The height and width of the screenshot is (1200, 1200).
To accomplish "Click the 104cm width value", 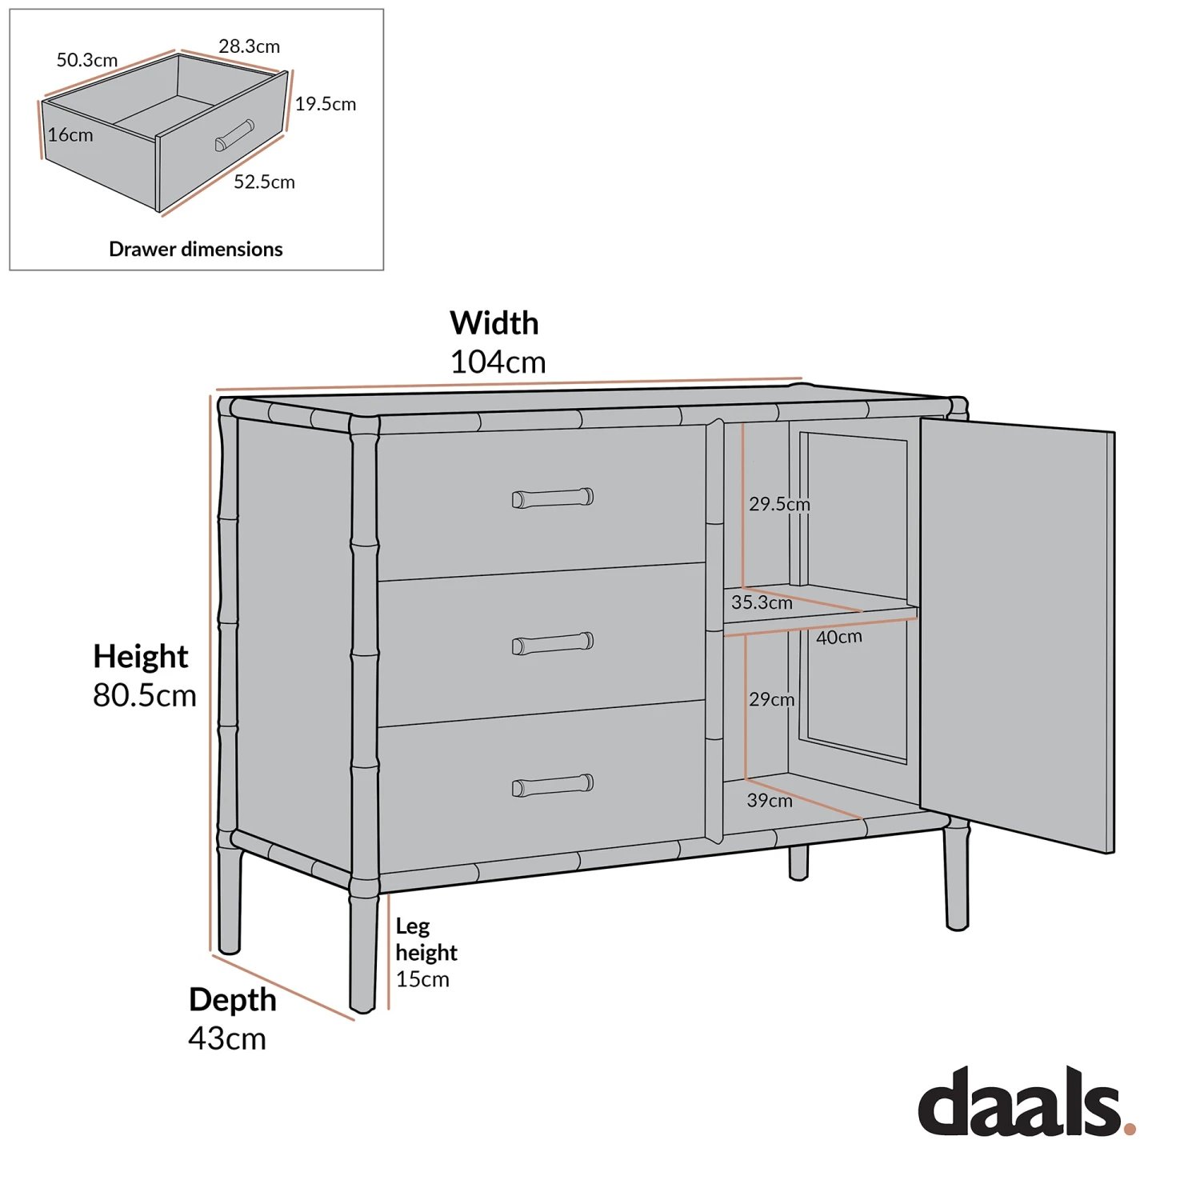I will [498, 362].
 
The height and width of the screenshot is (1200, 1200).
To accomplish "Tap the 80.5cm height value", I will [145, 695].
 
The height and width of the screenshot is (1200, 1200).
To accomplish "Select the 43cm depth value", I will [227, 1038].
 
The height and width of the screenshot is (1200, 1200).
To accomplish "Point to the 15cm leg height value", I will [422, 979].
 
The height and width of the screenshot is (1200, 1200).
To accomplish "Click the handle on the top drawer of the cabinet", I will [553, 498].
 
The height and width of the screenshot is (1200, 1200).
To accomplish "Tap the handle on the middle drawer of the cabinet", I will [553, 643].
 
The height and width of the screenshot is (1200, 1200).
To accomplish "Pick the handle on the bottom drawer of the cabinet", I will [553, 786].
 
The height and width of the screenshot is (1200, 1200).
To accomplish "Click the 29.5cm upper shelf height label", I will [779, 504].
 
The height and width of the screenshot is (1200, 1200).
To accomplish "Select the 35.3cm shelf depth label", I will [762, 602].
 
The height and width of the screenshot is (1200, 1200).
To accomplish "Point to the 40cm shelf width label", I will [839, 638].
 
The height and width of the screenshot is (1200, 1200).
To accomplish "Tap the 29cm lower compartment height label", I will [772, 699].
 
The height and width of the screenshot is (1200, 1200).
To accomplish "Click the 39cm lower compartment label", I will [770, 800].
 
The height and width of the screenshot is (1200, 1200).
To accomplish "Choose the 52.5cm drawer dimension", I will [264, 182].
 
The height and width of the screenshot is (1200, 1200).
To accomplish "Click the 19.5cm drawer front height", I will [326, 104].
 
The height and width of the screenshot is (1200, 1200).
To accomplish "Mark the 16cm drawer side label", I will [70, 135].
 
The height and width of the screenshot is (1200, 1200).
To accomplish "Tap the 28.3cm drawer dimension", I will [250, 46].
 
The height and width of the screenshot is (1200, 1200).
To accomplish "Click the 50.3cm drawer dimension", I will [87, 60].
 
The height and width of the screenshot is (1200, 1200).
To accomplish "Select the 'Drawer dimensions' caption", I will [196, 250].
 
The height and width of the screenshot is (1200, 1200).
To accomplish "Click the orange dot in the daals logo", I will [1130, 1129].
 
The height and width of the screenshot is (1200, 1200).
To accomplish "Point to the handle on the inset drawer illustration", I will [234, 135].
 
